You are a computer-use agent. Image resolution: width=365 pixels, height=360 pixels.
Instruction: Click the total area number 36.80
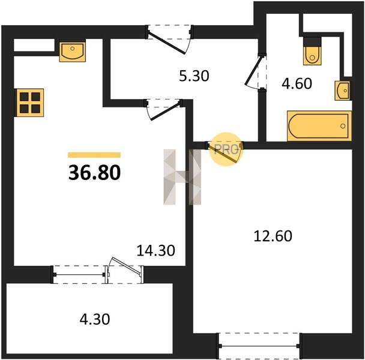click(94, 172)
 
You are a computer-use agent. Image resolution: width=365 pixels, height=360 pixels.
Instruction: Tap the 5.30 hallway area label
click(194, 76)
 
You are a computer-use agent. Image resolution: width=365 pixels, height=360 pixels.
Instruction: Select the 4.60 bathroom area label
click(297, 83)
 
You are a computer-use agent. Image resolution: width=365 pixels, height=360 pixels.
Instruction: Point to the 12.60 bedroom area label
click(273, 236)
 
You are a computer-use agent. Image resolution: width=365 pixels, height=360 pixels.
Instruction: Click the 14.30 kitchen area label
click(155, 250)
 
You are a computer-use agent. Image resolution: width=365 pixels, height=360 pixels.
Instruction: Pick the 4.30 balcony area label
click(95, 319)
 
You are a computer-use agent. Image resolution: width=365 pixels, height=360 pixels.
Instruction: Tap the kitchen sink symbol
click(73, 52)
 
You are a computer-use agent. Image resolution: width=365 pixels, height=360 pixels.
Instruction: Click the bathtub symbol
click(319, 126)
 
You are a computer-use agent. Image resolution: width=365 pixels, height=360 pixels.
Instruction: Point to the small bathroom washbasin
click(342, 91)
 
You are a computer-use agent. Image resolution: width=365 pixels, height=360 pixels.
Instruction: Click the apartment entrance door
click(167, 43)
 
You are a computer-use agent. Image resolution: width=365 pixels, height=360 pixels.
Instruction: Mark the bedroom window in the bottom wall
click(259, 346)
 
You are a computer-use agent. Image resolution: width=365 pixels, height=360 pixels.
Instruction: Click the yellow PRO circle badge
click(226, 149)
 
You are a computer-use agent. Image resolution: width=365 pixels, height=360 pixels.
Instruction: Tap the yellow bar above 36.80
click(94, 155)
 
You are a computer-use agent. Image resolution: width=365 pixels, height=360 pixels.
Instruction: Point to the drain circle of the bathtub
click(343, 126)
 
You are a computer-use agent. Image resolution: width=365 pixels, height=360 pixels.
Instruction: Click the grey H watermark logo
click(182, 177)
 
